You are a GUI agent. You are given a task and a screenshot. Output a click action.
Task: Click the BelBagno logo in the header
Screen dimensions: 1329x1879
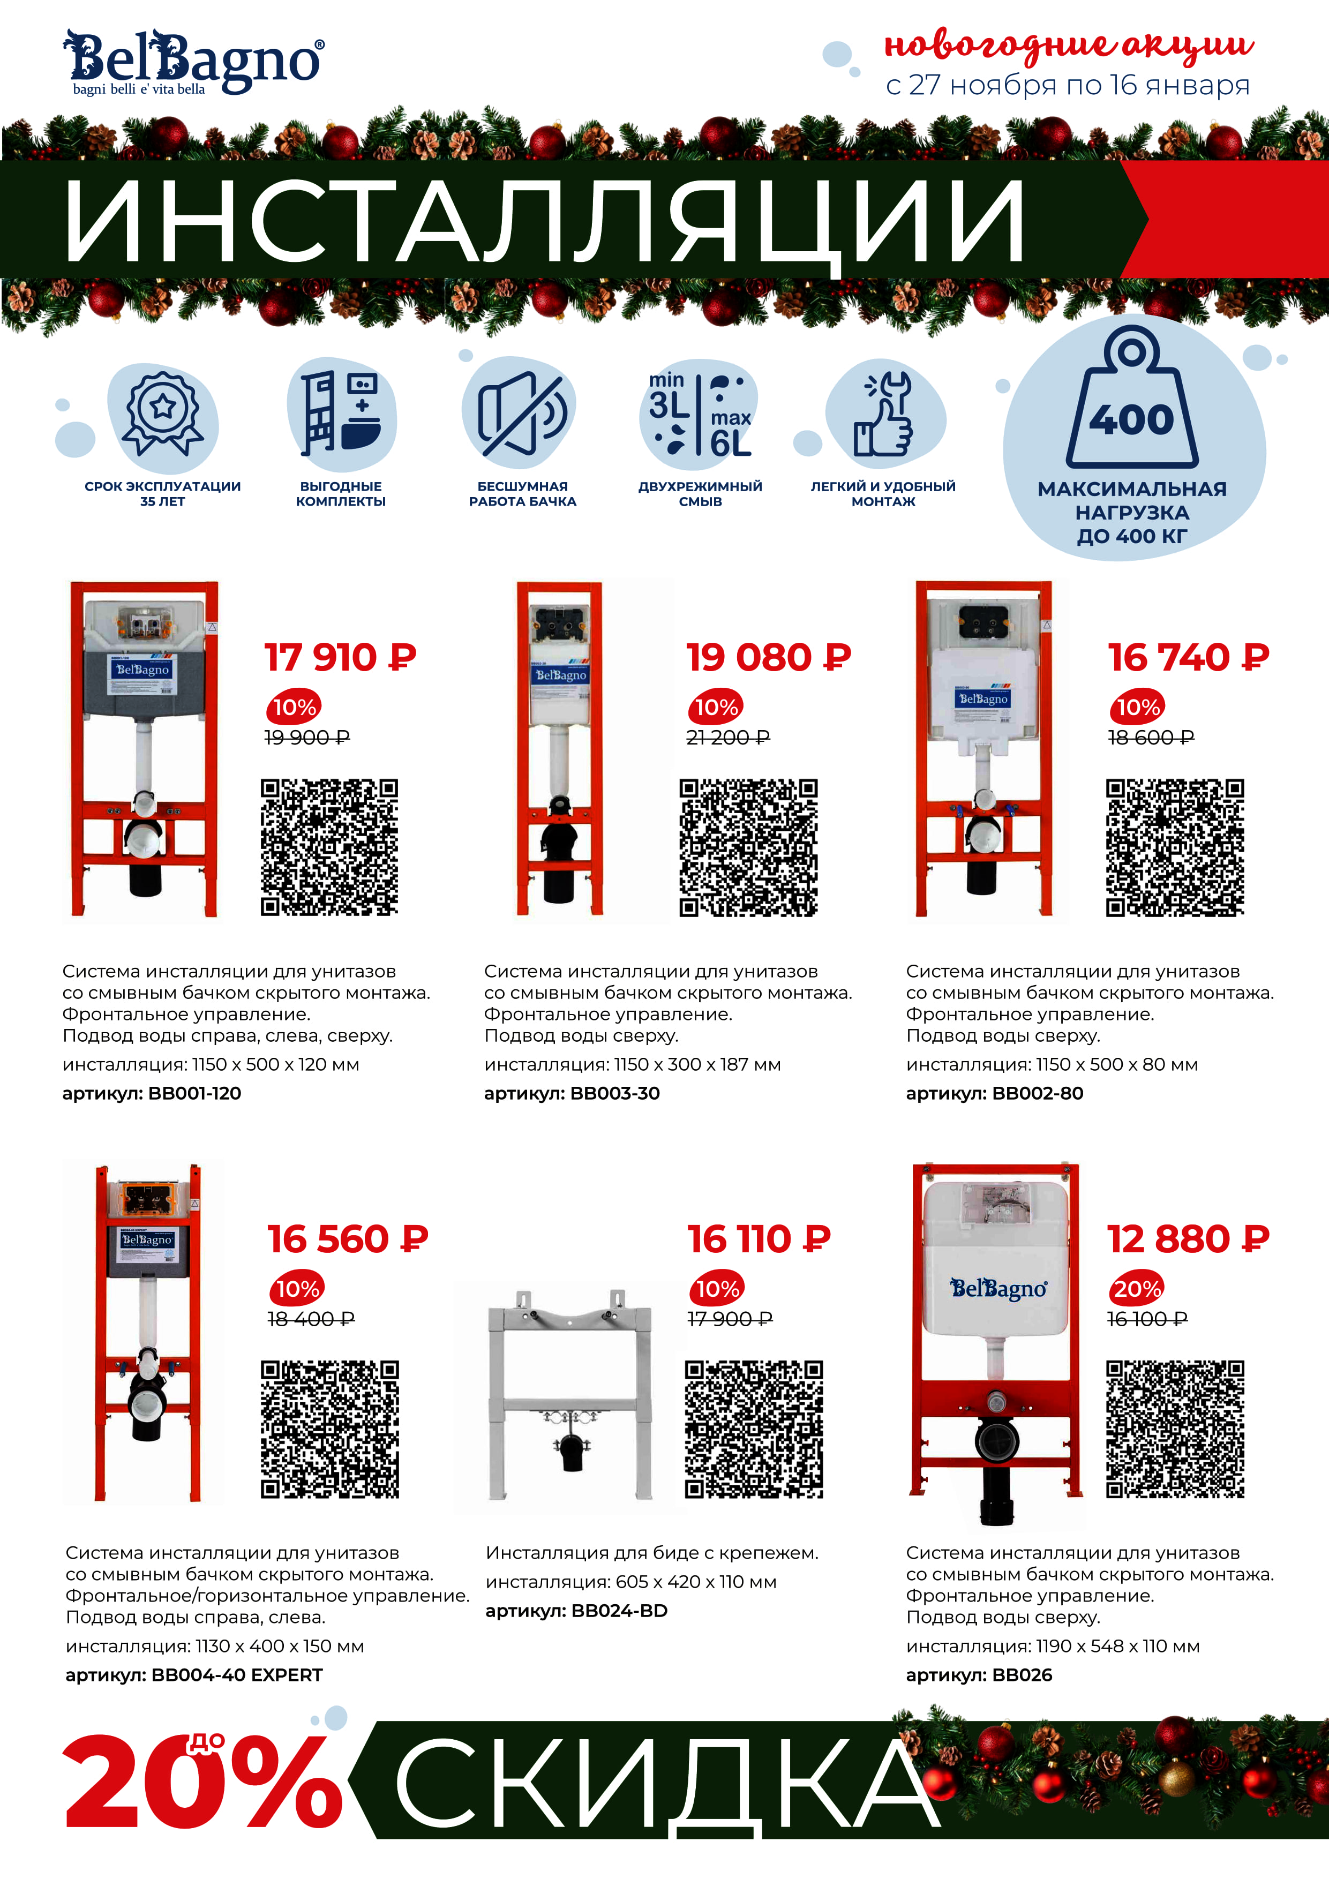click(193, 62)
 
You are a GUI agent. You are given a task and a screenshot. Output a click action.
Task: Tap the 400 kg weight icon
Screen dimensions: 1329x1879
click(1132, 397)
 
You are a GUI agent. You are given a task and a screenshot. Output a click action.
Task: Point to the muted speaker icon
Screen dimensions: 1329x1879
click(521, 414)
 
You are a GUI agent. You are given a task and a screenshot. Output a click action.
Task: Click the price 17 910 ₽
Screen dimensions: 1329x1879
click(341, 657)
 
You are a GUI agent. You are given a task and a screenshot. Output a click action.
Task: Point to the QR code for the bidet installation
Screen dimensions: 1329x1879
click(754, 1429)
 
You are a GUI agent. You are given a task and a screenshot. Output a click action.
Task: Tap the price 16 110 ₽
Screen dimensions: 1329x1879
click(759, 1239)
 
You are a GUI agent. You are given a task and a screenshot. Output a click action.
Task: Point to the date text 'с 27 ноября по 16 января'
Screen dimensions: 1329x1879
click(1068, 85)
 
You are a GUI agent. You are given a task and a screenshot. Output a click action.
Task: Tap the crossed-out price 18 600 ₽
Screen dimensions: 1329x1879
click(1151, 738)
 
